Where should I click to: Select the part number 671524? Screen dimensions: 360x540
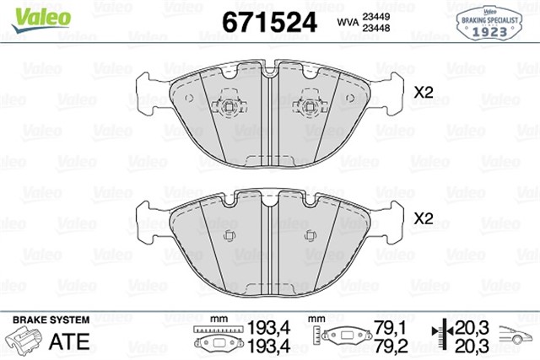point(268,22)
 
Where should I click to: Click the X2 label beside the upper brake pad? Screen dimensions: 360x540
point(423,93)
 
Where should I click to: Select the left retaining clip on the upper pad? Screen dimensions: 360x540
point(227,105)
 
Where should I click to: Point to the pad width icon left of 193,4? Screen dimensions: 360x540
point(213,338)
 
